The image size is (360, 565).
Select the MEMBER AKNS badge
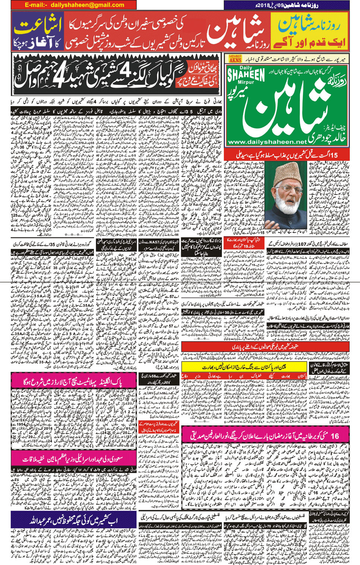pyautogui.click(x=235, y=59)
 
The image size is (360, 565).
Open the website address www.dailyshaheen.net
pyautogui.click(x=267, y=142)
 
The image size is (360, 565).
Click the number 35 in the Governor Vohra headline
pyautogui.click(x=56, y=244)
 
